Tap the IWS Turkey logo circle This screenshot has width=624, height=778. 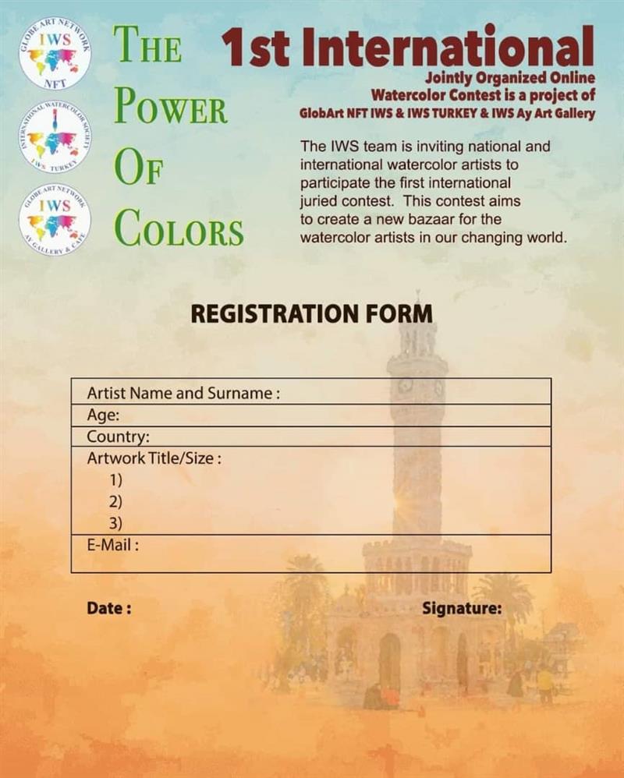pos(55,137)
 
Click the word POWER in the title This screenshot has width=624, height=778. pos(171,109)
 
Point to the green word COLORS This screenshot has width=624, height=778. pos(179,231)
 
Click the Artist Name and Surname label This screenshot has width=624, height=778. pos(183,393)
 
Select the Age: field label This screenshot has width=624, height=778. pos(102,416)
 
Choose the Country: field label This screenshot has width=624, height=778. pos(118,437)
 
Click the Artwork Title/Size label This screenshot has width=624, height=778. pos(154,458)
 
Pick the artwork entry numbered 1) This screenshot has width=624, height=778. pos(116,479)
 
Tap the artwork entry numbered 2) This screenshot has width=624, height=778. pos(116,501)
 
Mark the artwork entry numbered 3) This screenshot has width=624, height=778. pos(116,523)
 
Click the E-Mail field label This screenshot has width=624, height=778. pos(112,545)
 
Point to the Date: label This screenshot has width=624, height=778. pos(108,609)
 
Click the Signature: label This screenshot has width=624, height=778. pos(462,609)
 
